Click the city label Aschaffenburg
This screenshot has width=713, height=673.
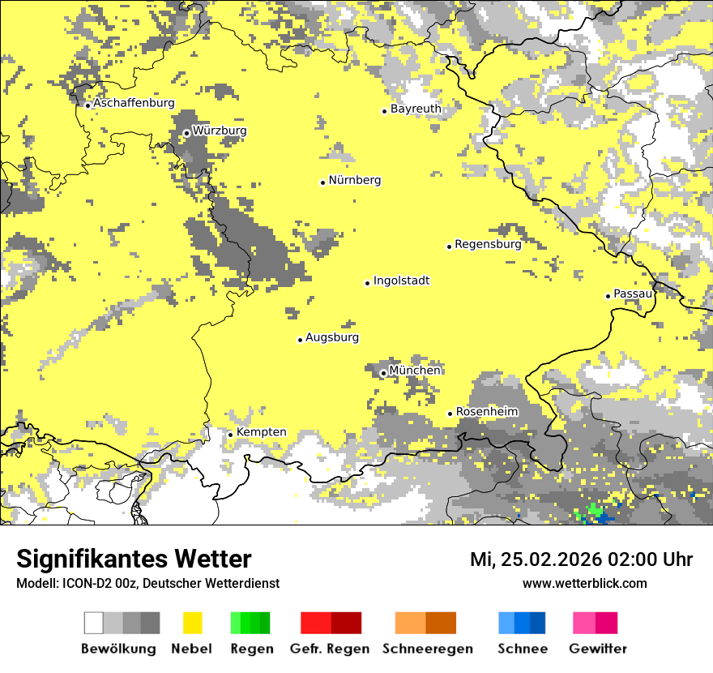134,103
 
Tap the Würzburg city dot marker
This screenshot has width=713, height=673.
186,133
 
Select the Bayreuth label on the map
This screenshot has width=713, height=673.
416,109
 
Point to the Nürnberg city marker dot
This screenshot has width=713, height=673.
322,182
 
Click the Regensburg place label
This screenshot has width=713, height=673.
488,244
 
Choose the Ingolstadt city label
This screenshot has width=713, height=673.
401,281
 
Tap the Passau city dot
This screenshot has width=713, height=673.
608,296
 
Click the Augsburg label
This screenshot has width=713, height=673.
332,337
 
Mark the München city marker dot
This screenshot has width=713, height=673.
383,373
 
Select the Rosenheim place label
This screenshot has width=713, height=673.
486,412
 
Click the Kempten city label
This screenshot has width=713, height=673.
261,432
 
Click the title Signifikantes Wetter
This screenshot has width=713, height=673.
134,559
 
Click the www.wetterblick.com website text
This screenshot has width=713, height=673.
584,584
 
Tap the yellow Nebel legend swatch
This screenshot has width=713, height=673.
192,623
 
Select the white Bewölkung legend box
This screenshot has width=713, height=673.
94,623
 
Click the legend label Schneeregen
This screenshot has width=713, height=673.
427,649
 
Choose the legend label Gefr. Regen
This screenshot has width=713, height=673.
329,649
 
